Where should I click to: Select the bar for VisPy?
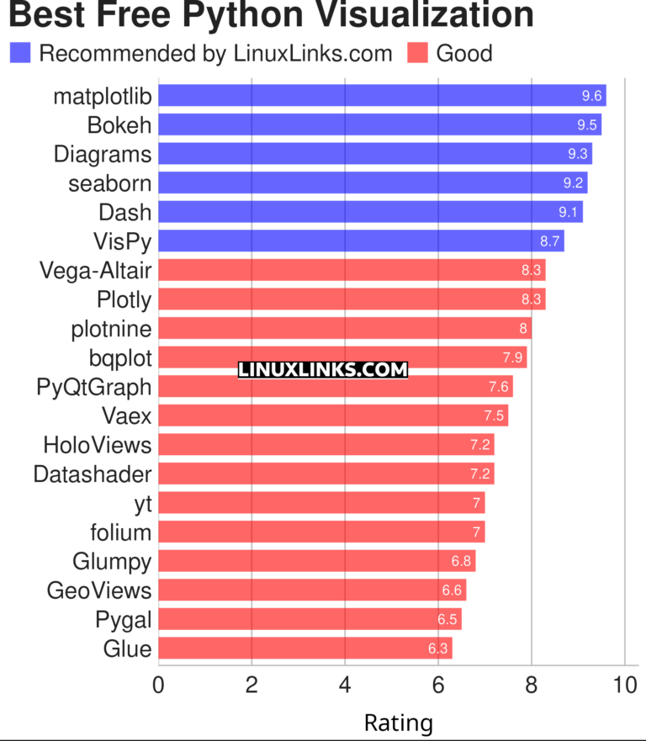point(361,241)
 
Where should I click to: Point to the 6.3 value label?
point(438,648)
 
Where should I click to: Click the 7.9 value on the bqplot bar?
point(513,357)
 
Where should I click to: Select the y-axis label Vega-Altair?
point(96,271)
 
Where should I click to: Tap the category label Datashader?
point(93,474)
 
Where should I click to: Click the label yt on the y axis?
point(142,504)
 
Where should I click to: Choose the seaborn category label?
point(110,183)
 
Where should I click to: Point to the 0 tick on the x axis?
point(158,685)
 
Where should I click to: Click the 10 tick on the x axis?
point(624,685)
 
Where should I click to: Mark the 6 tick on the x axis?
point(438,685)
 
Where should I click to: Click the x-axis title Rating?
point(398,722)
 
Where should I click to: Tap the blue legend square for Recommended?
point(20,54)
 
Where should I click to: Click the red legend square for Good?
point(417,54)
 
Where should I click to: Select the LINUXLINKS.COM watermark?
point(323,369)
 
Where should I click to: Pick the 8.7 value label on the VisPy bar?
point(550,241)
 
